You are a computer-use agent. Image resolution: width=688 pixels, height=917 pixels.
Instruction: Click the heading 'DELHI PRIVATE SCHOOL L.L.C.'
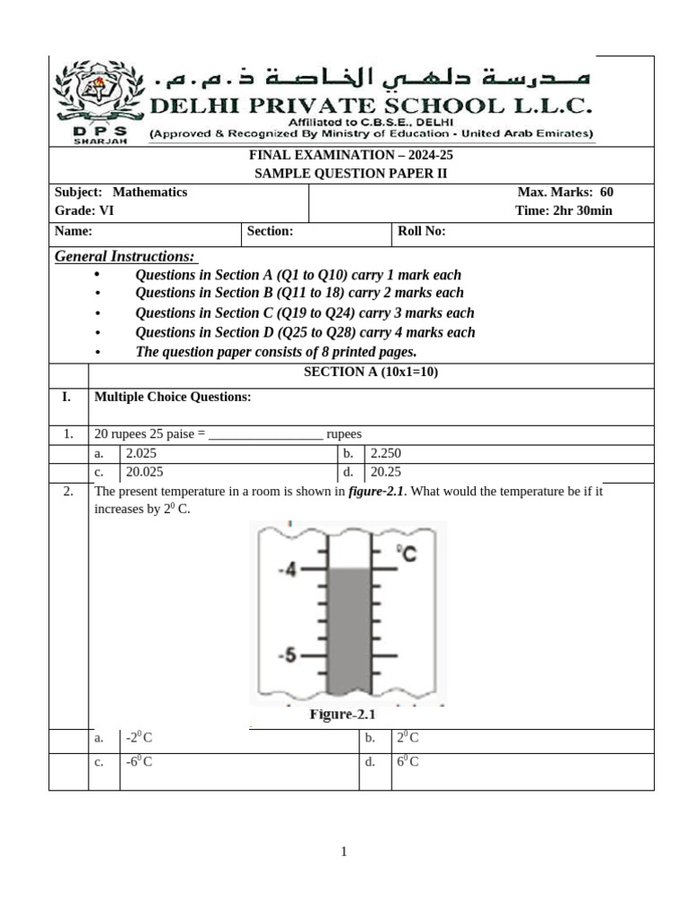click(370, 107)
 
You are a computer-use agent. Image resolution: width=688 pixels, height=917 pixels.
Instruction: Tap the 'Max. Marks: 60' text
click(565, 193)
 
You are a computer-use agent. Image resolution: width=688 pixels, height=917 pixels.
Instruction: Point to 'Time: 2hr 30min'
click(563, 211)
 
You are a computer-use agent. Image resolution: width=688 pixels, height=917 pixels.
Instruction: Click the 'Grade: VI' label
click(84, 211)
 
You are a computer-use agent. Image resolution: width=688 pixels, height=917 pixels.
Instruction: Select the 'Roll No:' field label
click(421, 232)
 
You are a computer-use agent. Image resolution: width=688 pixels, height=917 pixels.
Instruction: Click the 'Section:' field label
click(270, 232)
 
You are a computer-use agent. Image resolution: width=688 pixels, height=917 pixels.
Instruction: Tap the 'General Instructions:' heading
click(125, 257)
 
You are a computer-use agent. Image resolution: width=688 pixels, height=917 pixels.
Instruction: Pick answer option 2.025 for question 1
click(142, 454)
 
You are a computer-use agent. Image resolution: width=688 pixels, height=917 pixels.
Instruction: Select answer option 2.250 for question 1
click(386, 454)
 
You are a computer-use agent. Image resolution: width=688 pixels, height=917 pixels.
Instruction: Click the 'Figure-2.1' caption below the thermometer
click(342, 715)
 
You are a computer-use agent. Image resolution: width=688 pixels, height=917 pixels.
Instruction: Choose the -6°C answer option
click(139, 763)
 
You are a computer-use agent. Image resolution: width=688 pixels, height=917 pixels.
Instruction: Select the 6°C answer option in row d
click(408, 763)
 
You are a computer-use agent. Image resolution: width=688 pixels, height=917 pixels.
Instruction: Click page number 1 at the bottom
click(344, 852)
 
